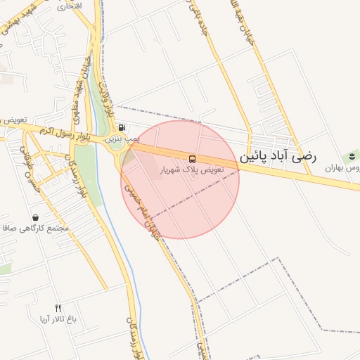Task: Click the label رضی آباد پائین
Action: click(278, 156)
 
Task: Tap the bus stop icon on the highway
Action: click(193, 158)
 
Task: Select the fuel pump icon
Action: click(123, 128)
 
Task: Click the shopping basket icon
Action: click(35, 217)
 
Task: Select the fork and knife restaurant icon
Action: click(58, 308)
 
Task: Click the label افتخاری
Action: click(68, 6)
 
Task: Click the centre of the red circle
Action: click(180, 179)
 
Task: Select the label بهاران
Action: click(342, 169)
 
